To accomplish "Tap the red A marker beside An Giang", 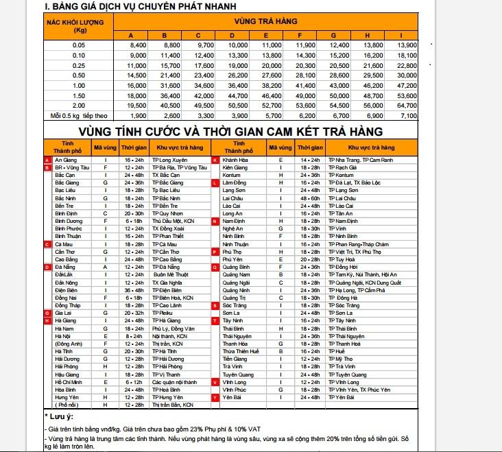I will click(47, 160).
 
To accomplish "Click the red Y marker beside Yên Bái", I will click(215, 397).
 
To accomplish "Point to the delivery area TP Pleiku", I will click(163, 313).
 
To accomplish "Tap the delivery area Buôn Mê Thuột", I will click(169, 274).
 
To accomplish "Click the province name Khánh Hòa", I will click(235, 160).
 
